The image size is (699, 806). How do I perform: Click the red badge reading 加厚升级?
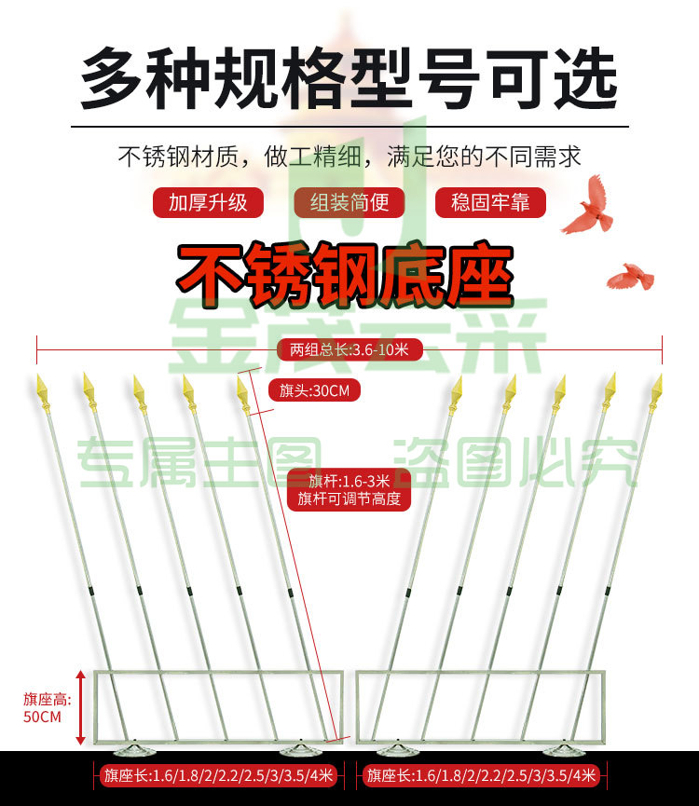tap(208, 202)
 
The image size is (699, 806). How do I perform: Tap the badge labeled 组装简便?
tap(349, 202)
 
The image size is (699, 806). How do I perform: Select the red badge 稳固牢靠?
tap(490, 202)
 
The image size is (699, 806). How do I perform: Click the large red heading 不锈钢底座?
tap(345, 274)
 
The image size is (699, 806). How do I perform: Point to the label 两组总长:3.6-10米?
tap(349, 349)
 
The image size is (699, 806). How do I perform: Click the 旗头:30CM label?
tap(315, 390)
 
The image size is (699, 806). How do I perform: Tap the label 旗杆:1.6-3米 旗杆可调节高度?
tap(349, 489)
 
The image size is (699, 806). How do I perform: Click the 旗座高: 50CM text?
tap(47, 708)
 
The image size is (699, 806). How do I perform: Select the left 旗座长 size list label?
tap(218, 774)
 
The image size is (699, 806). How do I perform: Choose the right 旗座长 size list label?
tap(481, 774)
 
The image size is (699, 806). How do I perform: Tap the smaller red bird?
tap(631, 277)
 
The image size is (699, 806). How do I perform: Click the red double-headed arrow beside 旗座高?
tap(80, 707)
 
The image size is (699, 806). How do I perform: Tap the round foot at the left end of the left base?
tap(134, 750)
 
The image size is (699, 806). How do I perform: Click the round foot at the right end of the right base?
tap(564, 750)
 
